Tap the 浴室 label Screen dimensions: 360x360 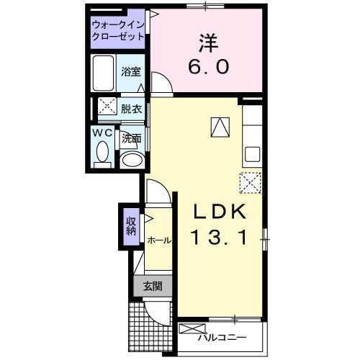pyautogui.click(x=130, y=73)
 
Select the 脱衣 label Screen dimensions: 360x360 pyautogui.click(x=131, y=109)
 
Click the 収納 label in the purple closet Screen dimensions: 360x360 pyautogui.click(x=131, y=226)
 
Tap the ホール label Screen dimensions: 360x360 pyautogui.click(x=158, y=240)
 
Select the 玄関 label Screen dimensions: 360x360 pyautogui.click(x=152, y=286)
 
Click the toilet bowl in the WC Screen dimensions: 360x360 pyautogui.click(x=102, y=153)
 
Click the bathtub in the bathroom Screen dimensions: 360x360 pyautogui.click(x=104, y=73)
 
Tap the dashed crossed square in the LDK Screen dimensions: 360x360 pyautogui.click(x=249, y=183)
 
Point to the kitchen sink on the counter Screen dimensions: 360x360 pyautogui.click(x=253, y=154)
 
